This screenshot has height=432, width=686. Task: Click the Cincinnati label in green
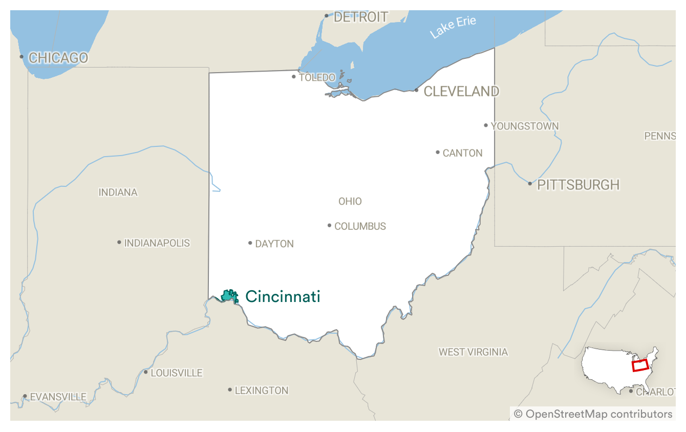(283, 296)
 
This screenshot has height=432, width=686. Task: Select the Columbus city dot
(329, 225)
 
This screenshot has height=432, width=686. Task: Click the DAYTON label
(274, 244)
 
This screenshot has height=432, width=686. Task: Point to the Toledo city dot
(293, 77)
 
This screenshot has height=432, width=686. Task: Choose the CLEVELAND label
(461, 91)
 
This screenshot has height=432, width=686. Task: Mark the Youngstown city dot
(486, 125)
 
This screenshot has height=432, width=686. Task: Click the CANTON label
(462, 153)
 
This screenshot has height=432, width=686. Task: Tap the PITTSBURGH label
(578, 185)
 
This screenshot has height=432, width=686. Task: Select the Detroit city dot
(326, 15)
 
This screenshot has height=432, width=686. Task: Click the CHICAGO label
(58, 58)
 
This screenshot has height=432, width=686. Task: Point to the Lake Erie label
(453, 27)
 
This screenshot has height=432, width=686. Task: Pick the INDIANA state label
(118, 192)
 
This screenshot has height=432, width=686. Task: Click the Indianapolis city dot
(119, 242)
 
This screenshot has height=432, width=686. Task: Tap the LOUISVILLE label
(177, 373)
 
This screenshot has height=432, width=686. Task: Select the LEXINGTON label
(261, 391)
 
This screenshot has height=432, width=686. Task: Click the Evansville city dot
(25, 396)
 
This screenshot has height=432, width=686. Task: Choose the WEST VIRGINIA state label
(473, 352)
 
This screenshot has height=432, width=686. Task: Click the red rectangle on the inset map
(640, 365)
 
